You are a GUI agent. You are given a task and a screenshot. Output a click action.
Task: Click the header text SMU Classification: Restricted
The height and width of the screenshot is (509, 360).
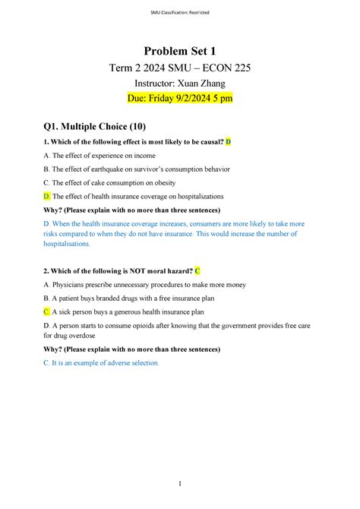[180, 7]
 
